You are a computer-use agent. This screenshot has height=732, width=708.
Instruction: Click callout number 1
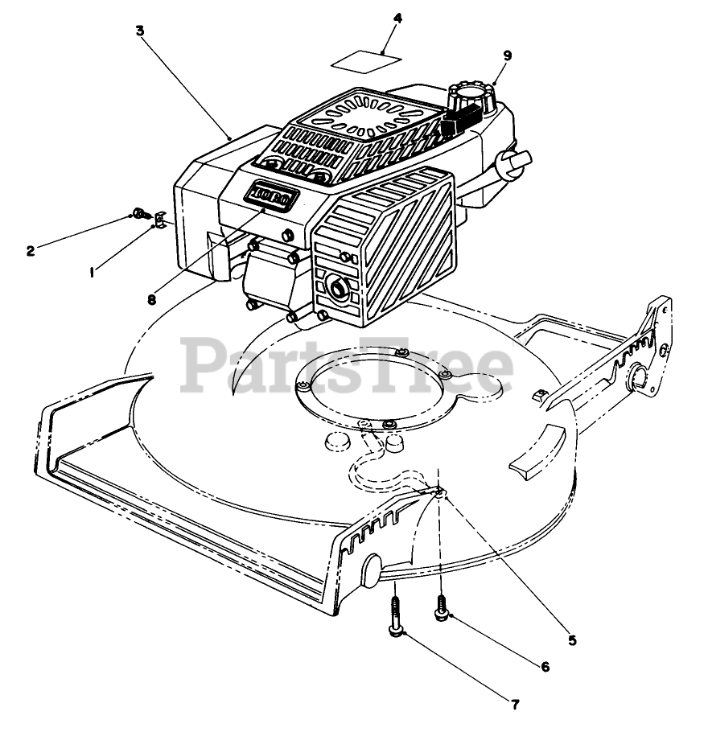point(93,273)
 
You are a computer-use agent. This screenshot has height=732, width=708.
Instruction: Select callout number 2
point(31,250)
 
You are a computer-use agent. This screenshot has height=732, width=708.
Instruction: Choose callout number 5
point(572,640)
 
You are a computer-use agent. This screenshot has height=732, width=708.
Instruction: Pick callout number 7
point(514,705)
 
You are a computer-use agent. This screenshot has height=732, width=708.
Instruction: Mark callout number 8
point(151,300)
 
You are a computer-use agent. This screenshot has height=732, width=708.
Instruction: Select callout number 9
point(507,55)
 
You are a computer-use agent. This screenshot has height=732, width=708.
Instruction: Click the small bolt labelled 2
point(140,214)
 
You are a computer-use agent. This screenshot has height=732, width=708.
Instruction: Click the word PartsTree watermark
point(346,367)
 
